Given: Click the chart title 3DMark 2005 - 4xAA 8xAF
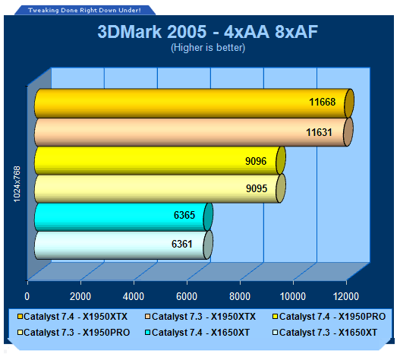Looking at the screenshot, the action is (208, 32).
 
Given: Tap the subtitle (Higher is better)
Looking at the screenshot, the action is (208, 48).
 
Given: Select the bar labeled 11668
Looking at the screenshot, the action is (194, 103).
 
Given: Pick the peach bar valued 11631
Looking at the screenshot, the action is (194, 132).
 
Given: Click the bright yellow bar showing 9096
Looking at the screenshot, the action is (160, 160).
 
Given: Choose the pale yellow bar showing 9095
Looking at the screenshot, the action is (160, 188).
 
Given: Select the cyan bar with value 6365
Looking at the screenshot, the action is (124, 217).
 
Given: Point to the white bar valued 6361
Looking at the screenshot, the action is (124, 245).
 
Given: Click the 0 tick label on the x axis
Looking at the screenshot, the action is (27, 297).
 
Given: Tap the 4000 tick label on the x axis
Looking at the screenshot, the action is (134, 297).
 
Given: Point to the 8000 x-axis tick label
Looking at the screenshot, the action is (240, 297).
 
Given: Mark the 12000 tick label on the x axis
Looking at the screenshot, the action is (346, 297).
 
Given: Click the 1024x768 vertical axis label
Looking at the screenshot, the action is (17, 184).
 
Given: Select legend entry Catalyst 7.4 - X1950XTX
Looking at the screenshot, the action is (72, 317).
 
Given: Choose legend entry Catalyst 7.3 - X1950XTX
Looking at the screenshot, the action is (200, 317).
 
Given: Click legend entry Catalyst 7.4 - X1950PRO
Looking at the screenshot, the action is (329, 317).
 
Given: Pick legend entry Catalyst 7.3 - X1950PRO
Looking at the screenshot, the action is (74, 333).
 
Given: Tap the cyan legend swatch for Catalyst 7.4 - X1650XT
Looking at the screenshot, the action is (147, 333).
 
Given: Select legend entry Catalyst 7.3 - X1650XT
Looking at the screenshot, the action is (325, 333).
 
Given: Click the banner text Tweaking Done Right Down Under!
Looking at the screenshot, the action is (84, 10).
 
